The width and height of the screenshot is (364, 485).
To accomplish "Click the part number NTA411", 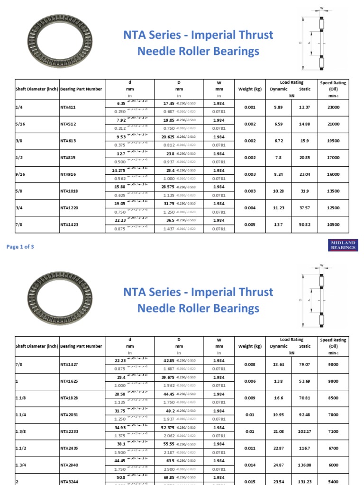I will (x=68, y=108).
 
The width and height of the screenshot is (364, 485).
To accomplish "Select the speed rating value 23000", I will (x=333, y=108).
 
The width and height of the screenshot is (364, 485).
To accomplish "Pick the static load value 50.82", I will (x=305, y=225).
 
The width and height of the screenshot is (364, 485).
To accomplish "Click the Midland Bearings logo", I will (x=343, y=245).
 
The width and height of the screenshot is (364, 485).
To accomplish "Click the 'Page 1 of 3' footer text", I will (x=20, y=247).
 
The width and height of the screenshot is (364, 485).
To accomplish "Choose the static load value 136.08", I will (x=305, y=465).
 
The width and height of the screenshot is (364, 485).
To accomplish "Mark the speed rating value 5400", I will (x=333, y=481).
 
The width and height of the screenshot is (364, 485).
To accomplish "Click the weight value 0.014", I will (x=250, y=465).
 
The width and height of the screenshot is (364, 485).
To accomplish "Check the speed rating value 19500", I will (x=333, y=141).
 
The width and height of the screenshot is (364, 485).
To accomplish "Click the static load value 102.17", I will (x=305, y=431).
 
